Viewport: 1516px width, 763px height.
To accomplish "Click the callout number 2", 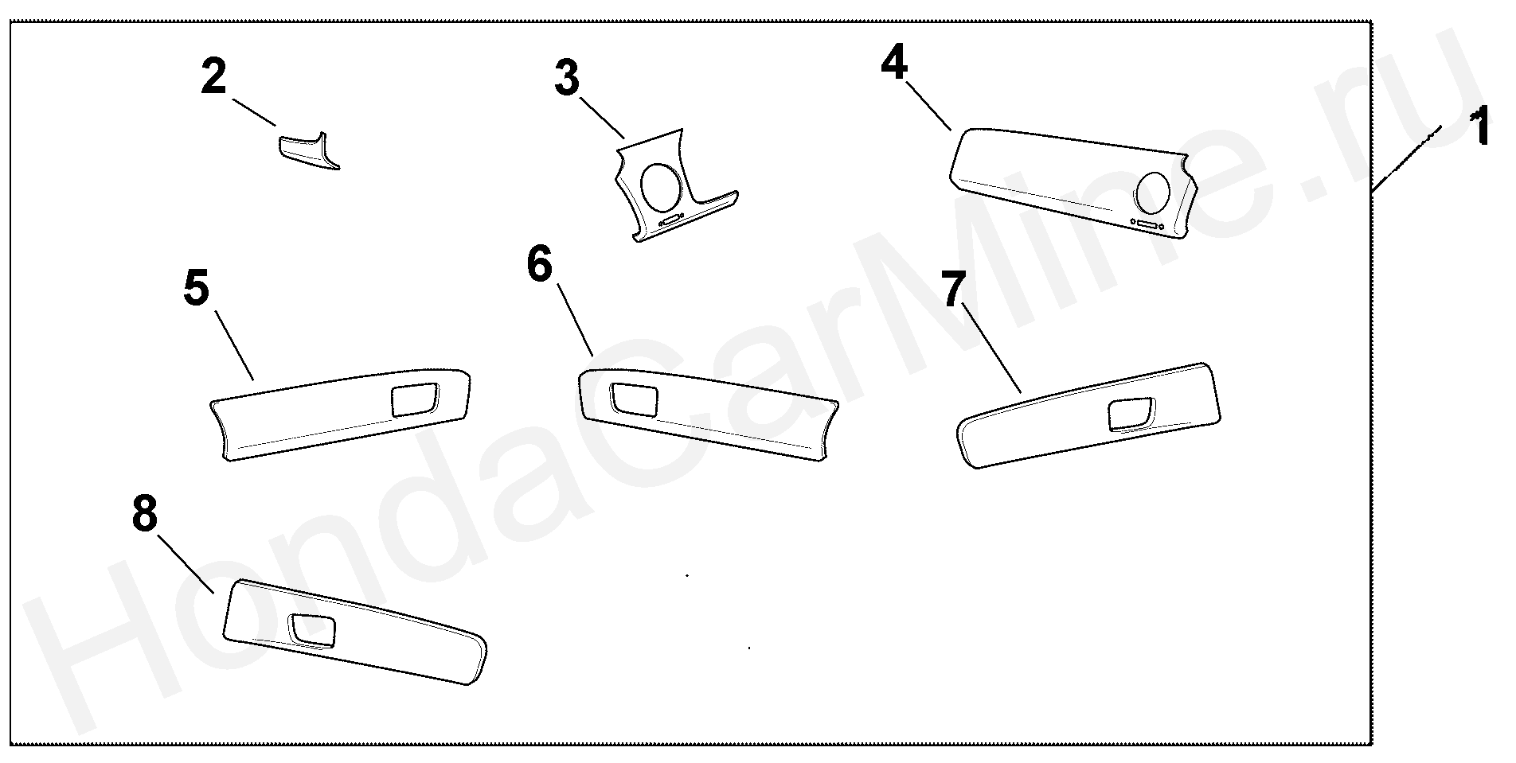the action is pyautogui.click(x=213, y=78).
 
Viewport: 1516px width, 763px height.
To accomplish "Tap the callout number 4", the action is pyautogui.click(x=894, y=62).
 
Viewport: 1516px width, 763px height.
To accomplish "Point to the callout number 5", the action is pyautogui.click(x=196, y=289).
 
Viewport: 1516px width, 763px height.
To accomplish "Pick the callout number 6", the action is pyautogui.click(x=539, y=265).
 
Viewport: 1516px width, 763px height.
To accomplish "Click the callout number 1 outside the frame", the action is pyautogui.click(x=1480, y=129).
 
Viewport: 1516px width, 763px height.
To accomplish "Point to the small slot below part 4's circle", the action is pyautogui.click(x=1147, y=227).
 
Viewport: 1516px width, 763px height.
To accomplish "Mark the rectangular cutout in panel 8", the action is pyautogui.click(x=313, y=630).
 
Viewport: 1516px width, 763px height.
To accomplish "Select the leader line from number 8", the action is pyautogui.click(x=186, y=563).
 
